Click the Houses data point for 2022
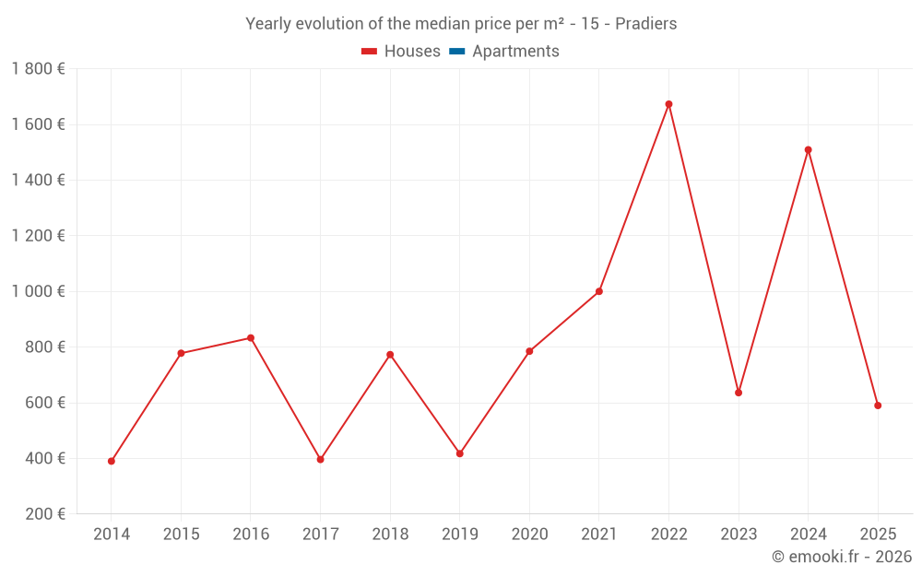(668, 104)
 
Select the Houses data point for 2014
(112, 461)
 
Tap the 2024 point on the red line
(808, 149)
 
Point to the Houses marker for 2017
(320, 459)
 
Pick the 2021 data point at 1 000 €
(599, 291)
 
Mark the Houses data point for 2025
(878, 406)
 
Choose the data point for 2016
(251, 338)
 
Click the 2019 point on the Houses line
(460, 453)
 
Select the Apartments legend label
(515, 52)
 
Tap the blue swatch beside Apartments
(457, 52)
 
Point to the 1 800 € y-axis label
(38, 69)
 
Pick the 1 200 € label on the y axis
(38, 236)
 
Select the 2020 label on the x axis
(529, 535)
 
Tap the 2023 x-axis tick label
(739, 535)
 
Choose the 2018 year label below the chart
(390, 535)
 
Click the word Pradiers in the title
(645, 24)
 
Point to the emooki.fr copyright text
(841, 557)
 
